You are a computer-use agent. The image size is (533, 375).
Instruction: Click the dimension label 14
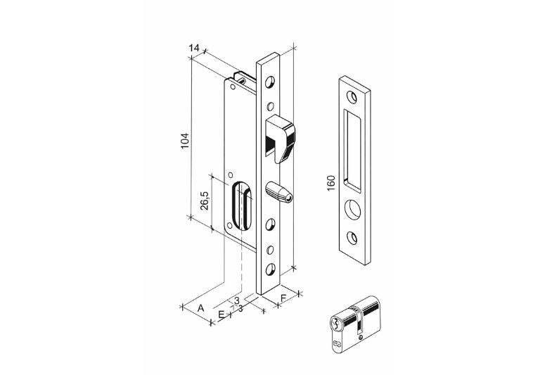coord(194,48)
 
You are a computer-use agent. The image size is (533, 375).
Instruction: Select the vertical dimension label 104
coord(184,140)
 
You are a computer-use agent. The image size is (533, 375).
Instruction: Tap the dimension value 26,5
coord(205,201)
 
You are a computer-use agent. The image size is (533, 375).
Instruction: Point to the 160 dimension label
coord(330,183)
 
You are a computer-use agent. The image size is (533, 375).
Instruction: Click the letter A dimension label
coord(201,308)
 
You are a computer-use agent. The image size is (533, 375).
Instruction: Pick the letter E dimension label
coord(221,314)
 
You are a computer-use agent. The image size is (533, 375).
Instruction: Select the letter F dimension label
coord(283,298)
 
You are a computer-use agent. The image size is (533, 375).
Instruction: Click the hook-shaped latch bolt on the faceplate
coord(280,139)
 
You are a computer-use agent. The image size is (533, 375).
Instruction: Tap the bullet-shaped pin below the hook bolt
coord(278,192)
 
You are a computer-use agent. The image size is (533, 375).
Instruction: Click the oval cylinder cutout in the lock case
coord(242,205)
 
